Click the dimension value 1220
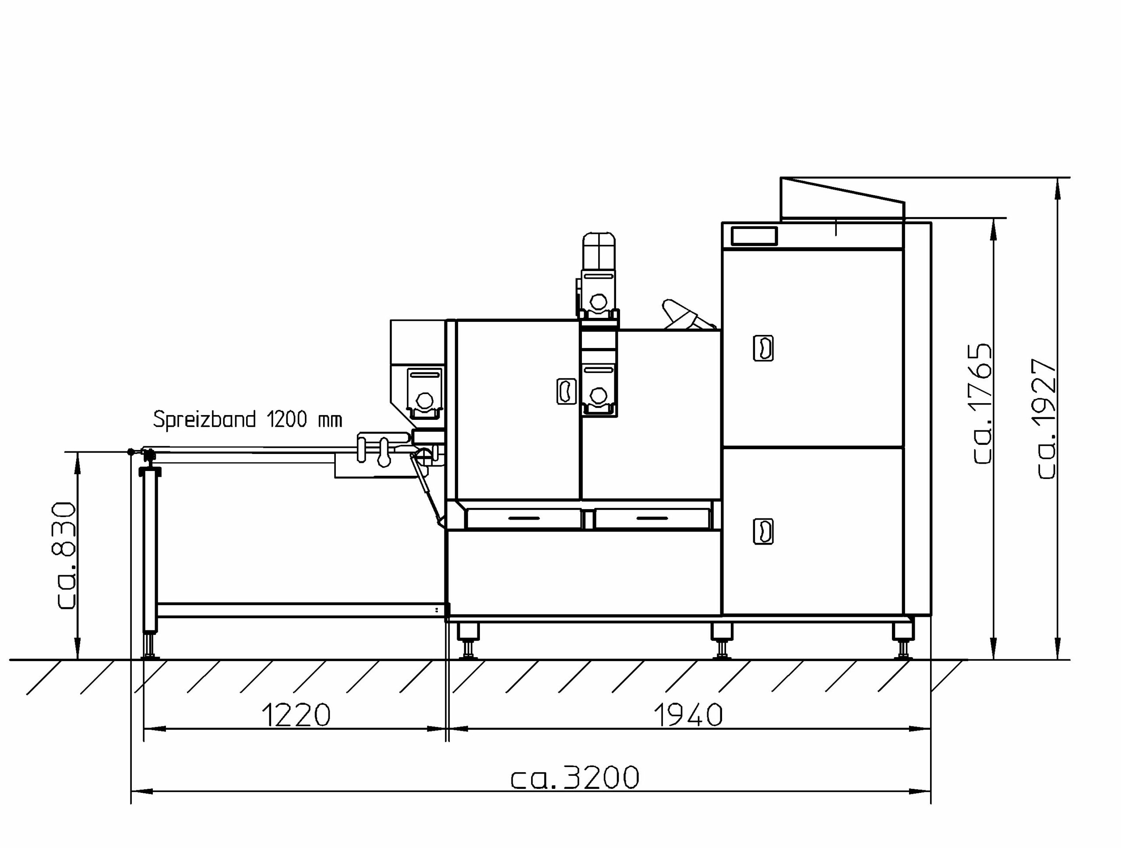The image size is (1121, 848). click(296, 715)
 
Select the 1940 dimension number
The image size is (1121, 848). click(688, 715)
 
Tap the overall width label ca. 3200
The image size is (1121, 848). click(575, 778)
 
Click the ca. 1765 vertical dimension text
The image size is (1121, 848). click(982, 403)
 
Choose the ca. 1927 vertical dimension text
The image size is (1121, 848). click(1046, 419)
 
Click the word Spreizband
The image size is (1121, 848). click(204, 419)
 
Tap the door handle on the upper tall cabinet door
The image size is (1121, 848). click(763, 348)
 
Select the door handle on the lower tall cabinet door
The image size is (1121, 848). click(763, 531)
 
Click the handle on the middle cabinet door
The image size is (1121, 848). click(567, 391)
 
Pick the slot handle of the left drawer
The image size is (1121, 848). click(524, 518)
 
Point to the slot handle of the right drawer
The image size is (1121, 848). click(652, 518)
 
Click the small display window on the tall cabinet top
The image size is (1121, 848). click(754, 236)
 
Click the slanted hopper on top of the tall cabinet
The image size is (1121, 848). click(842, 199)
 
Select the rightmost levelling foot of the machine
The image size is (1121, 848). click(902, 641)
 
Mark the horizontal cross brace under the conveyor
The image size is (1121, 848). click(303, 610)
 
